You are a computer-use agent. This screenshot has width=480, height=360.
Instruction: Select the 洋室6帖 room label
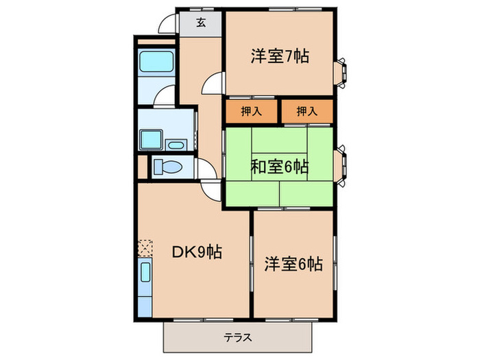(293, 264)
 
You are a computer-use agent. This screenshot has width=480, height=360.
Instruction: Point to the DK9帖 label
(195, 252)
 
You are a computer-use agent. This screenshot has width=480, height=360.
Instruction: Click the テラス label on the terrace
(237, 337)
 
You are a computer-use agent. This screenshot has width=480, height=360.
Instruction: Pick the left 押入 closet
(250, 110)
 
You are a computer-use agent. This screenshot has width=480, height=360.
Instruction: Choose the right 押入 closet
(306, 110)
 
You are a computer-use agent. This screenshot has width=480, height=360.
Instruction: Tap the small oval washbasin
(175, 145)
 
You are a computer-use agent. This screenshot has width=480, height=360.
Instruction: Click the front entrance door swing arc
(166, 25)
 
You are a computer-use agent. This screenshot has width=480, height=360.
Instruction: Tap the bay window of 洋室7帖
(341, 73)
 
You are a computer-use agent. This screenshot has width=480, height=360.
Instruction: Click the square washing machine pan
(147, 141)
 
